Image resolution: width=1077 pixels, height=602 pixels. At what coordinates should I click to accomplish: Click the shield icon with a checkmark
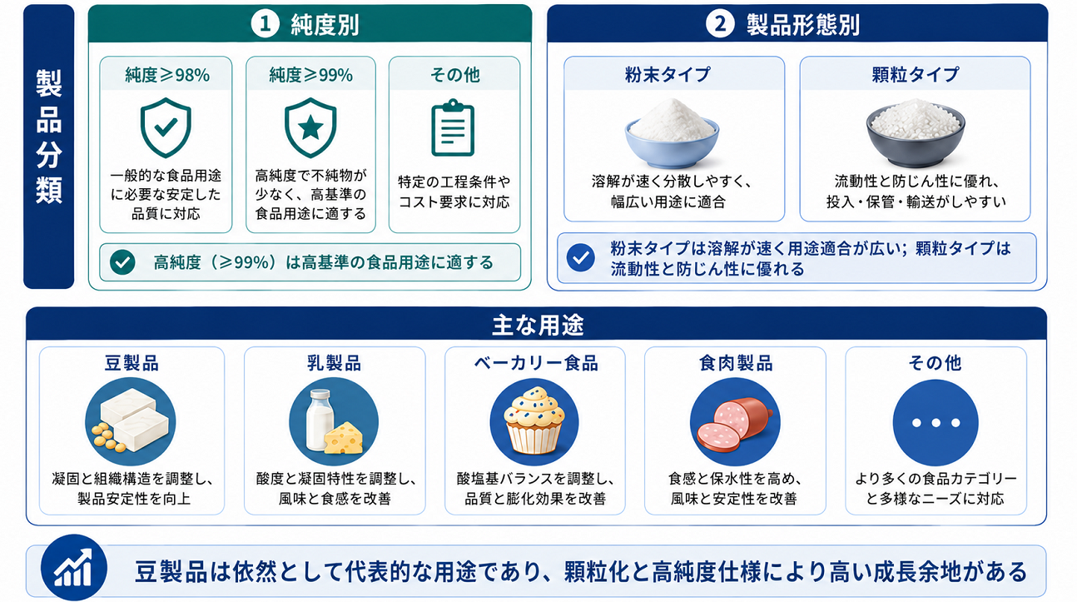pos(166,127)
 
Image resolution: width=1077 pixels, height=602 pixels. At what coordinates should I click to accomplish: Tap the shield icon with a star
pos(310,127)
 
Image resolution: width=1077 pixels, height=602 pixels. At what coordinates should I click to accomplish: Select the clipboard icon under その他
pos(453,128)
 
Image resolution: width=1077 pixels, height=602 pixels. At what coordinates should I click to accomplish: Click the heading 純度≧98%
pos(167,75)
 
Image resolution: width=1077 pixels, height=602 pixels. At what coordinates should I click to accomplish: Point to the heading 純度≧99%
pos(311,75)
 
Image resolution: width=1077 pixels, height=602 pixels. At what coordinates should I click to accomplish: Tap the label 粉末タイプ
pos(668,75)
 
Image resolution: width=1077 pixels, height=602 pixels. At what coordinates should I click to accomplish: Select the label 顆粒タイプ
pos(916,75)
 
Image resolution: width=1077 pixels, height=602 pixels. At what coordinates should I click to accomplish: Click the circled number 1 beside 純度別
pos(266,24)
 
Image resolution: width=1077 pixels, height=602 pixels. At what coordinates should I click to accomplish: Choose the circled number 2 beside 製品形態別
pos(720,23)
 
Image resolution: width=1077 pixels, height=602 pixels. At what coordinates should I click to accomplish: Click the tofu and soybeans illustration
pos(131,422)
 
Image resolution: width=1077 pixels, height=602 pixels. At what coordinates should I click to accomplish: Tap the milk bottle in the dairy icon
pos(320,420)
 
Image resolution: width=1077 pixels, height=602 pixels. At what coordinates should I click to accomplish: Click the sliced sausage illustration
pos(735,423)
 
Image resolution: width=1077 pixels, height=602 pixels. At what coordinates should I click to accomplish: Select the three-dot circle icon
pos(936,423)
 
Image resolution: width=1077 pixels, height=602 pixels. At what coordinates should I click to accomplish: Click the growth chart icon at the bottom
pos(74,568)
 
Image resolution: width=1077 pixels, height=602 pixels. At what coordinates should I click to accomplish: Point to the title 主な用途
pos(538,325)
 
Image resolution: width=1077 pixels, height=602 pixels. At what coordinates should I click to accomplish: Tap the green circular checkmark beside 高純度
pos(122,262)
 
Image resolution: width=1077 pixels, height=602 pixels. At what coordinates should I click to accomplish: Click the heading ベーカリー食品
pos(536,363)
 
